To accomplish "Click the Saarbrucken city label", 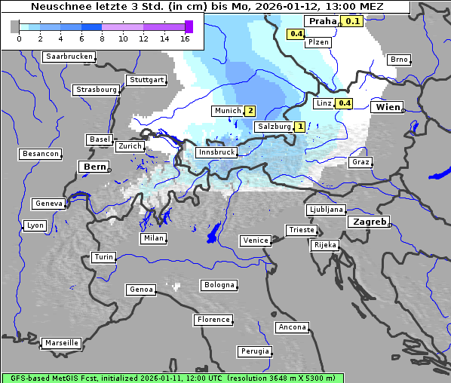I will click(69, 57).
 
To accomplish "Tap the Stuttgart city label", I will click(146, 80).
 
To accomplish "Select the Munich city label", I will click(227, 111).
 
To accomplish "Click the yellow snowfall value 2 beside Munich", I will click(250, 111).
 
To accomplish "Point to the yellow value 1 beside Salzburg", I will click(299, 127).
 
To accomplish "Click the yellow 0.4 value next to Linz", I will click(344, 103).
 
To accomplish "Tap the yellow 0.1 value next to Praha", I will click(353, 21).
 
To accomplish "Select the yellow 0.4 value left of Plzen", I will click(296, 34).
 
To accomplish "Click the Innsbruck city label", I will click(216, 152).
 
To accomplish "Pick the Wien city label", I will click(388, 107).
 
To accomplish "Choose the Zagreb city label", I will click(368, 222).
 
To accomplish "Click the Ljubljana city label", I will click(326, 210).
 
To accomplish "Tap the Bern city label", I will click(95, 167).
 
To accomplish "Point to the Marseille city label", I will click(61, 343).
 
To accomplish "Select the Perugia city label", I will click(254, 351).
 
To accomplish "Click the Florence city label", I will click(213, 320).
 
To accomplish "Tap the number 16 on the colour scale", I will click(185, 38).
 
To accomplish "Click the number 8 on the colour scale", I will click(101, 38).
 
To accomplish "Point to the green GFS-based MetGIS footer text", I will click(172, 378).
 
